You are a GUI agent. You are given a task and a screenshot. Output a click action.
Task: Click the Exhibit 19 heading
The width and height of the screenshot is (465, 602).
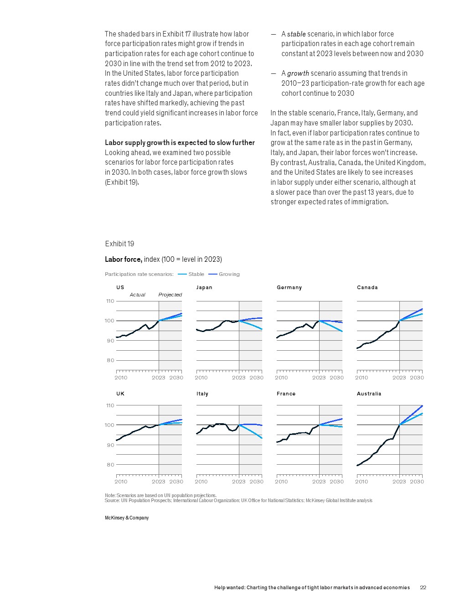[119, 244]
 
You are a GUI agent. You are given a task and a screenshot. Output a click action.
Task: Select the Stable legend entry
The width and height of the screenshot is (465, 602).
[196, 274]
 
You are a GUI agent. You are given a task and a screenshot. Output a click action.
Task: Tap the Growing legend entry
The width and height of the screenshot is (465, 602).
[229, 274]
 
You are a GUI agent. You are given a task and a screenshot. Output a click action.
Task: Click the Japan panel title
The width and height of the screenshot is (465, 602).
[204, 287]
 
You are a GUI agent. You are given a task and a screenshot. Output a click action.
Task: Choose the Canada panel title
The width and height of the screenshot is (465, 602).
[367, 287]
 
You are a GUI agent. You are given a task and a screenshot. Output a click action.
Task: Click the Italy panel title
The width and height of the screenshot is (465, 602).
[202, 394]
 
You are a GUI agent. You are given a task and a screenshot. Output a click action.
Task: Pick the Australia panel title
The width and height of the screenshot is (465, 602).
[369, 394]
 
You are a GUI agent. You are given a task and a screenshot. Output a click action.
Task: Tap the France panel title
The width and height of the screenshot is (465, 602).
[286, 394]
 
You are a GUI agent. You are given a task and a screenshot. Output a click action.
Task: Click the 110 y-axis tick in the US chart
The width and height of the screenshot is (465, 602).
[110, 301]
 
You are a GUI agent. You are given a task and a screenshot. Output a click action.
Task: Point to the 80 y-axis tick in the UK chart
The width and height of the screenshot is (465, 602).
[110, 465]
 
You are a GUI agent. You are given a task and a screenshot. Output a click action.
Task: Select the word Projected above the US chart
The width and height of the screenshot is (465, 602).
[170, 295]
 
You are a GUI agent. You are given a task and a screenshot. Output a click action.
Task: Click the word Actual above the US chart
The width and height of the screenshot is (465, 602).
[137, 295]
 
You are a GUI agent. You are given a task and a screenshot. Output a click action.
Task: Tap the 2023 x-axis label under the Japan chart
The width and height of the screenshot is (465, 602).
[238, 378]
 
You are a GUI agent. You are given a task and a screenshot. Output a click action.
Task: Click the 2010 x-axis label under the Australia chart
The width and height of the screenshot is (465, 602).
[362, 482]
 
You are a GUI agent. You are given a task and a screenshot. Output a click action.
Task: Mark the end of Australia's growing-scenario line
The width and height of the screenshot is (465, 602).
[422, 405]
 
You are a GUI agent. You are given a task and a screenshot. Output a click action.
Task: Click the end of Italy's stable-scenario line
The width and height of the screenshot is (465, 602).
[262, 438]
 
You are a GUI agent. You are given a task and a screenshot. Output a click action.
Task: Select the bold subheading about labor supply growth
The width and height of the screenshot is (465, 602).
[180, 142]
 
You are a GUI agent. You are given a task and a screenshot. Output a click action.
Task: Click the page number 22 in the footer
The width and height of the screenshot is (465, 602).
[423, 587]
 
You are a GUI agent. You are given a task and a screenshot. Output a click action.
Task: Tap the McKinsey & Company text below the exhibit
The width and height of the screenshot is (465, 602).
[127, 518]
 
